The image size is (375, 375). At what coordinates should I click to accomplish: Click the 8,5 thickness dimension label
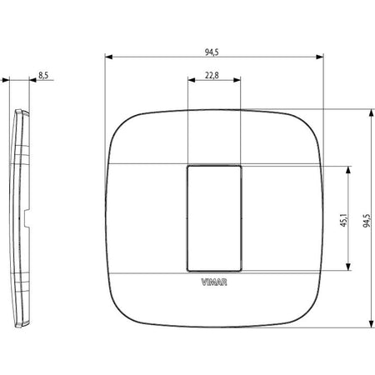point(43,75)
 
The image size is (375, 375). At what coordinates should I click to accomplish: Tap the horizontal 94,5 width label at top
point(212,52)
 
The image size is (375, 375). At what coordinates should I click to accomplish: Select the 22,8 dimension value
point(212,75)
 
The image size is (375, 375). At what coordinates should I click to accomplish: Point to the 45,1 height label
point(343,220)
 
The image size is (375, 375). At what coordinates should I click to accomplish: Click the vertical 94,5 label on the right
point(367,221)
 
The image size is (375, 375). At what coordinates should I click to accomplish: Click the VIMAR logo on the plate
point(214,282)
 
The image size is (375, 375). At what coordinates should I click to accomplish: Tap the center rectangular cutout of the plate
point(214,218)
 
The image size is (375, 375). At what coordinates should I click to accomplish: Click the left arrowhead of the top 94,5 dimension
point(108,57)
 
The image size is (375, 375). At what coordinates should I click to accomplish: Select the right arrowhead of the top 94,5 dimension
point(320,57)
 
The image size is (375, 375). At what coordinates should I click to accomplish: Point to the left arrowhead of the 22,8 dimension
point(192,80)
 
